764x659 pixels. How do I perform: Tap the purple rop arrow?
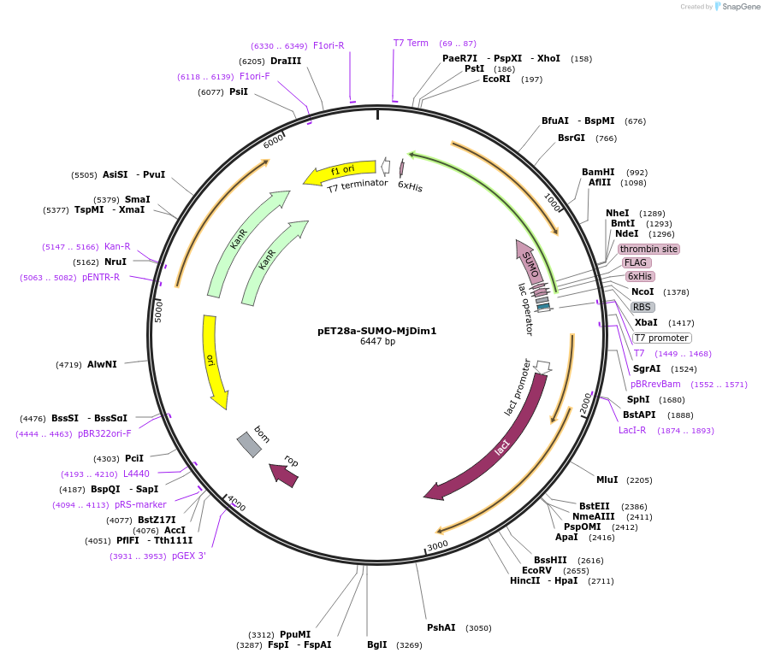point(284,474)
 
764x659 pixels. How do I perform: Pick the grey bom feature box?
point(249,444)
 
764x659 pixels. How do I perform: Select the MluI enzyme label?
point(607,480)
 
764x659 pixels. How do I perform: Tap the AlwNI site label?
point(102,364)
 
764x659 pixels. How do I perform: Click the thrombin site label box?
point(649,249)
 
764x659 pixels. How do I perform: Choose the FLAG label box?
point(637,262)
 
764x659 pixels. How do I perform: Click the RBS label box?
point(643,307)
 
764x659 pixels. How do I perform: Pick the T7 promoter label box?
point(661,338)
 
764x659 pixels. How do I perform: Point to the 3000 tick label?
point(437,544)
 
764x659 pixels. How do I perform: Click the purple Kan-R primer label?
point(117,246)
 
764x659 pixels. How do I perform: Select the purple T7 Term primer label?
point(411,43)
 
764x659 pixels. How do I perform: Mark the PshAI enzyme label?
point(441,627)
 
